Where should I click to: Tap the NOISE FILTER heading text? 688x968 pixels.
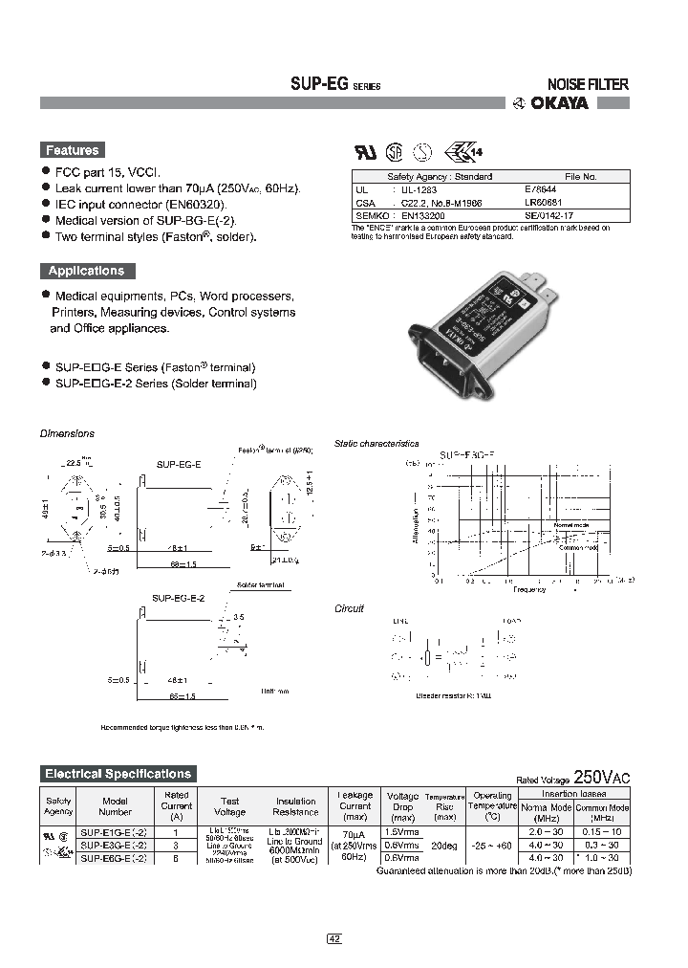(587, 84)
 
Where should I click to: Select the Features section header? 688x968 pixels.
(73, 150)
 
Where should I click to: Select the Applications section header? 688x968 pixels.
(86, 271)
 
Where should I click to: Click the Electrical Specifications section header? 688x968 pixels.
(118, 774)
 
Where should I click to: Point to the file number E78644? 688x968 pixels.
(540, 190)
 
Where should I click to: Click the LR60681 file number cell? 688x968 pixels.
(542, 203)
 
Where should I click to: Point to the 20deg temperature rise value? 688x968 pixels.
(444, 846)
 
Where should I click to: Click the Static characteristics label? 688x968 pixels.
(376, 444)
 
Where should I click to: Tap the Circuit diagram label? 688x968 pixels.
(349, 609)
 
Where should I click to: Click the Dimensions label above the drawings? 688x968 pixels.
(67, 433)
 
